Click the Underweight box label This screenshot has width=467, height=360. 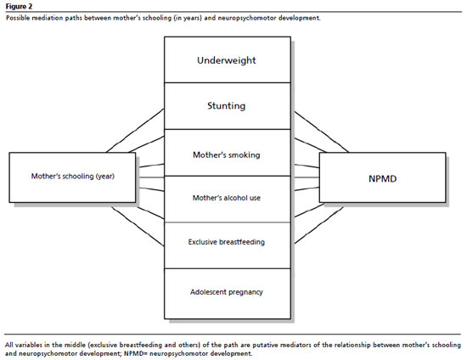pyautogui.click(x=227, y=60)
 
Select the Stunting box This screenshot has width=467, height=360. pyautogui.click(x=228, y=106)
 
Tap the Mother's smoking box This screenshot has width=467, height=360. pyautogui.click(x=228, y=153)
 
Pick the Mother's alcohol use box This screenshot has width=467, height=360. pyautogui.click(x=228, y=200)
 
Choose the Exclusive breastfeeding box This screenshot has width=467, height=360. pyautogui.click(x=228, y=245)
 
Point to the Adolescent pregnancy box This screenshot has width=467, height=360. pyautogui.click(x=228, y=294)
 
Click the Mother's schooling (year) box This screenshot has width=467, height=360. pyautogui.click(x=72, y=177)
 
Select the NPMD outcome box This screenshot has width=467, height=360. pyautogui.click(x=383, y=177)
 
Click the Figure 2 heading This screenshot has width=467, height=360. pyautogui.click(x=19, y=6)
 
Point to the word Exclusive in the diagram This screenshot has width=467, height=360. pyautogui.click(x=202, y=242)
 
